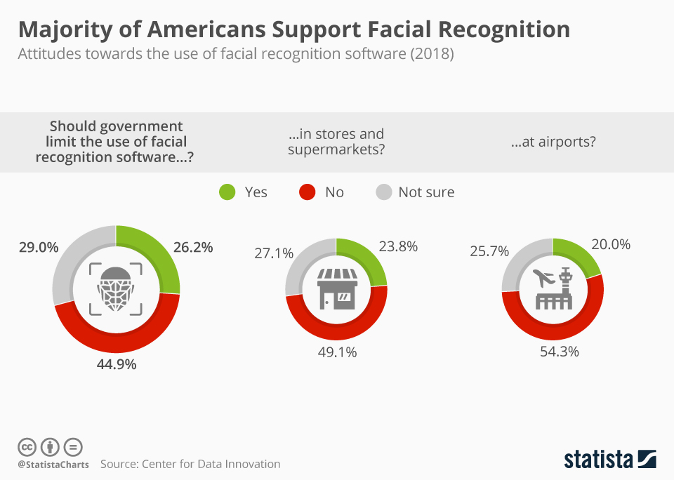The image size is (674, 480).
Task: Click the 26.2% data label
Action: pos(192,247)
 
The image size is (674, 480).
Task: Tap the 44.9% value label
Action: pos(116,364)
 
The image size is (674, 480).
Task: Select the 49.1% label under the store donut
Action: pos(336,352)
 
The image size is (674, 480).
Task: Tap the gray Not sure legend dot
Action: pos(383,192)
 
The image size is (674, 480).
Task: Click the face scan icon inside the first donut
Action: pos(116,289)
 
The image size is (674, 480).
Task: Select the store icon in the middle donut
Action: pos(336,288)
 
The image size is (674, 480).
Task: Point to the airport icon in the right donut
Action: pos(553,288)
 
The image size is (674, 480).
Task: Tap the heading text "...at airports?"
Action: pos(553,141)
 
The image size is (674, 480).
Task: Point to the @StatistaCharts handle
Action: pos(53,465)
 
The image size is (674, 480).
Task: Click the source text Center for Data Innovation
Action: pos(211,464)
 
